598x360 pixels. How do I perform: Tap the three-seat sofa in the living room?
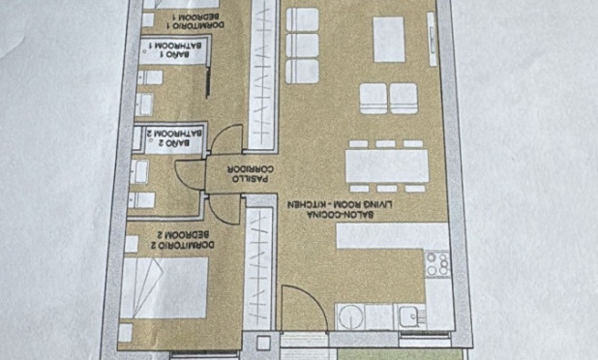304,45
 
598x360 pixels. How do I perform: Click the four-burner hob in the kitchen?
437,263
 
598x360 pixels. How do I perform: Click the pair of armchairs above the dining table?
388,97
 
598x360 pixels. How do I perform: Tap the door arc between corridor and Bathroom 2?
224,146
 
